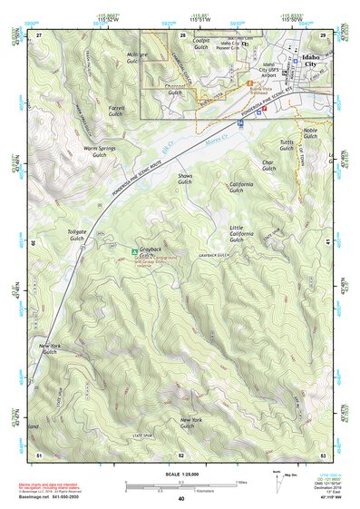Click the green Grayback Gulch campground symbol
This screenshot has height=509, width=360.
point(135,250)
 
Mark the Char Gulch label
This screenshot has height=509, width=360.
point(268,166)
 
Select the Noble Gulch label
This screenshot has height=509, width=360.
point(310,133)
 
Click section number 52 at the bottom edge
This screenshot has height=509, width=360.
point(180,454)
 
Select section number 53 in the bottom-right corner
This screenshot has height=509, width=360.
point(322,454)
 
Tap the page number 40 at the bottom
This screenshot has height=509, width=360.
point(181,498)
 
